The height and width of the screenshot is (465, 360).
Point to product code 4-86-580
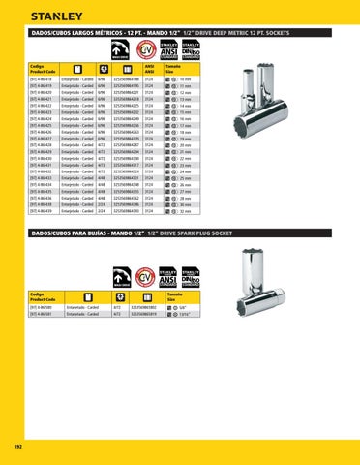43,306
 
